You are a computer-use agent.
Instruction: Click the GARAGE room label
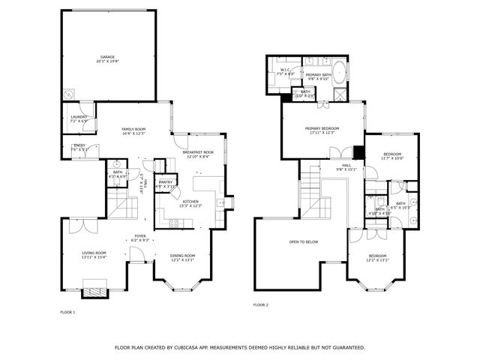(108, 57)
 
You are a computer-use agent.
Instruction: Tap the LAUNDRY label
(79, 116)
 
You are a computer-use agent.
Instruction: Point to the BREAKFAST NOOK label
(198, 153)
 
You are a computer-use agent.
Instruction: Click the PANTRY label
(166, 182)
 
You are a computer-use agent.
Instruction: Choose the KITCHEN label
(190, 202)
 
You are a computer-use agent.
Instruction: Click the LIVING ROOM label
(94, 253)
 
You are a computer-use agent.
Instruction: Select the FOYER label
(140, 236)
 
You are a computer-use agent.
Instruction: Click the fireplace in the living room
(94, 289)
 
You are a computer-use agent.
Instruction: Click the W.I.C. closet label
(285, 70)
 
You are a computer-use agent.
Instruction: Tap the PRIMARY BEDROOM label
(323, 129)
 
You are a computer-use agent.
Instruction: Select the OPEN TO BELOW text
(304, 241)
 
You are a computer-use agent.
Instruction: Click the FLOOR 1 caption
(67, 311)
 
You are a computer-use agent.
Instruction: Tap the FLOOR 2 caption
(260, 305)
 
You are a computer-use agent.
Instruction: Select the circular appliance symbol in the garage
(70, 94)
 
